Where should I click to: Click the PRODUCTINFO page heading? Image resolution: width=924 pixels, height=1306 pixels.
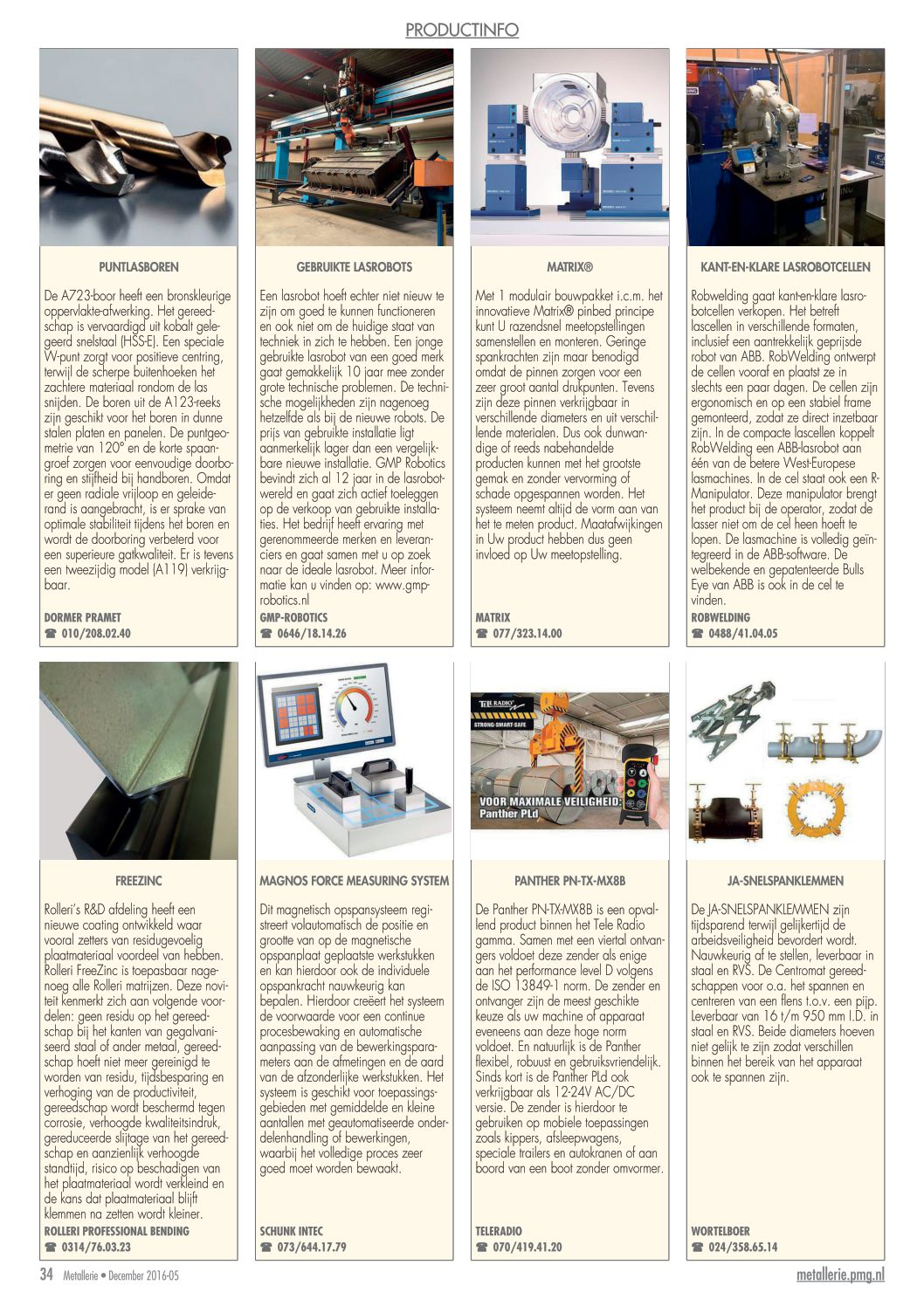tap(461, 31)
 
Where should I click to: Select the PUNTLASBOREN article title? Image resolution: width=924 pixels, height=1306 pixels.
tap(138, 267)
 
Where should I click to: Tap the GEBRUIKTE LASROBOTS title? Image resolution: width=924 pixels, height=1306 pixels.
tap(354, 267)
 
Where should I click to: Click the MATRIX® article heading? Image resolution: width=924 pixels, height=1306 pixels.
tap(569, 267)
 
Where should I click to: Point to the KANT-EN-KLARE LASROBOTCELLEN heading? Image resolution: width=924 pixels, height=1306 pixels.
tap(785, 267)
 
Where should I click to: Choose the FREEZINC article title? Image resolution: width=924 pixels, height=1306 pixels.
tap(138, 881)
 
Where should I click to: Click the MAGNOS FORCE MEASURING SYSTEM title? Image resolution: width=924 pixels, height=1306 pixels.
tap(354, 881)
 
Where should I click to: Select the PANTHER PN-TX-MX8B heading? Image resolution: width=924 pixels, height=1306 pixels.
tap(569, 881)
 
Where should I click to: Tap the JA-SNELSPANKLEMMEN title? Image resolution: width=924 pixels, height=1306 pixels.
tap(785, 881)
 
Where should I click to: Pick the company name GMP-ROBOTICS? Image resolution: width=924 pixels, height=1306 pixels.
tap(293, 617)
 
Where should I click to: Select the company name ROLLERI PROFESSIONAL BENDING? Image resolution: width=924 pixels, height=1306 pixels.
tap(116, 1231)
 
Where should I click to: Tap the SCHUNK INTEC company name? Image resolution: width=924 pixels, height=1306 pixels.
tap(291, 1231)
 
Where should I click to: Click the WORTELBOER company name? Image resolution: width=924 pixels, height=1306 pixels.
tap(721, 1231)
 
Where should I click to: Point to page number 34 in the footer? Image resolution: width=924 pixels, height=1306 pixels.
tap(47, 1275)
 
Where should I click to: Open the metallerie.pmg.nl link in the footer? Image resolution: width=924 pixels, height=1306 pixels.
tap(840, 1275)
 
